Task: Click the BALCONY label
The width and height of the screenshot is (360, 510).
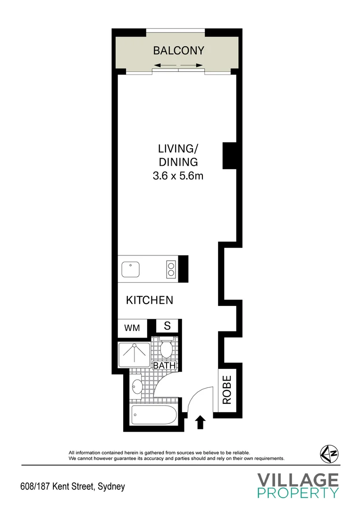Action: (x=178, y=51)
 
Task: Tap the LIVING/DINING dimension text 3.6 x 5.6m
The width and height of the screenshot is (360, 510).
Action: (x=177, y=177)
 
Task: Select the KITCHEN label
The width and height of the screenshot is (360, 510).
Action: (x=150, y=300)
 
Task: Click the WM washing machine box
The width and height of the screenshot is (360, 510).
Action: (x=132, y=328)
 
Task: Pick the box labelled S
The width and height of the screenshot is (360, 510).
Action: (x=167, y=326)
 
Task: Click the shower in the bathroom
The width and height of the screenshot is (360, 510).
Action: (x=134, y=355)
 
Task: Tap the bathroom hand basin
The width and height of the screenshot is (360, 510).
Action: (x=137, y=386)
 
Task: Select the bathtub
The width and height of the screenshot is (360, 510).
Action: (x=154, y=416)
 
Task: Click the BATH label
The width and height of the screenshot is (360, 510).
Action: (x=164, y=365)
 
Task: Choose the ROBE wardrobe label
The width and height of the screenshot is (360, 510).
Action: (x=227, y=390)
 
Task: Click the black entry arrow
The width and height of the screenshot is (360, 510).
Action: (x=200, y=422)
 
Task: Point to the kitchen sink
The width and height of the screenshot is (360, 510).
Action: (x=130, y=269)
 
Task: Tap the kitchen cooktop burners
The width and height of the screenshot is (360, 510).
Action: (x=170, y=269)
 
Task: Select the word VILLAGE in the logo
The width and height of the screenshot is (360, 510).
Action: (x=298, y=480)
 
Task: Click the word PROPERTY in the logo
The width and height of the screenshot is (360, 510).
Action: (x=298, y=493)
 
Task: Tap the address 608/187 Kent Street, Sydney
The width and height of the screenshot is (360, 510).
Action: (x=73, y=486)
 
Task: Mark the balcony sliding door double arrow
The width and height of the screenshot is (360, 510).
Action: (x=178, y=65)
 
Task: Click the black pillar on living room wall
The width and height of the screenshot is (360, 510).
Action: (x=229, y=155)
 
